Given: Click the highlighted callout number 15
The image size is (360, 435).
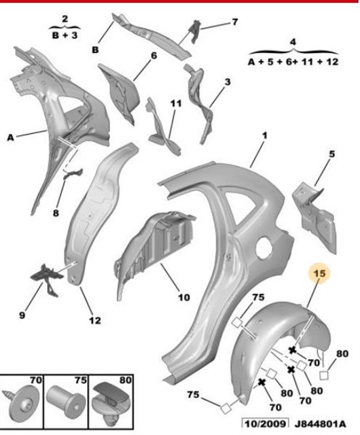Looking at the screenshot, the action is [x=319, y=273].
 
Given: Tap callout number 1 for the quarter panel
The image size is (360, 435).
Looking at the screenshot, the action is [x=265, y=136].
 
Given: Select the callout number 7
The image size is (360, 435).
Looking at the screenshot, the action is [x=234, y=22].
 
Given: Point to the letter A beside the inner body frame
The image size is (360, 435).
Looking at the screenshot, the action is [x=10, y=137].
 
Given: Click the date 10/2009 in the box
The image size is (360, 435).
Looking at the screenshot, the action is [x=265, y=423].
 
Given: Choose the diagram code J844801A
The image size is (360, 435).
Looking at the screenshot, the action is [x=321, y=423].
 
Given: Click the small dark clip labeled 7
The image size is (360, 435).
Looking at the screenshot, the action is [x=196, y=31].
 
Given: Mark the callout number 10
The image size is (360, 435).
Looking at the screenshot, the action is [x=183, y=298].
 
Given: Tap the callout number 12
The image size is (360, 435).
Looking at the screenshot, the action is [x=95, y=320].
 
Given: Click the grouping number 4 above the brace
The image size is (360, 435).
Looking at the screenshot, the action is [x=293, y=42].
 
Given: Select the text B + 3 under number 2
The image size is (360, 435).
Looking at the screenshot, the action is [x=65, y=35].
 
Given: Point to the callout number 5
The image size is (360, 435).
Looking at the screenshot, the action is [x=331, y=154].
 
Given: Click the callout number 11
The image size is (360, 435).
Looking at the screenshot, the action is [x=176, y=103].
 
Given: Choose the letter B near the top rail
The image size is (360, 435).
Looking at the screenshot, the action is [x=95, y=50].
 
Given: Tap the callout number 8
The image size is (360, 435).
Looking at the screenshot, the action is [x=56, y=213].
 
